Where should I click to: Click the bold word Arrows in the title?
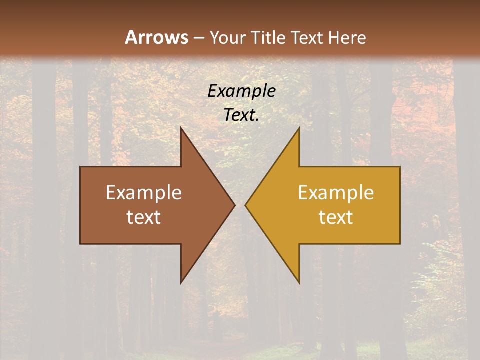coord(156,37)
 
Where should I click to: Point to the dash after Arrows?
coord(199,38)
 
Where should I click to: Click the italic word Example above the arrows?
coord(242,91)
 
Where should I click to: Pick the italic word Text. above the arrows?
coord(242,115)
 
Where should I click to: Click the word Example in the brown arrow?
coord(144,192)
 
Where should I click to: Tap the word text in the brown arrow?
coord(144,217)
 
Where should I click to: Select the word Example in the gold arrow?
coord(336,192)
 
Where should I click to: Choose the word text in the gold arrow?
coord(336,217)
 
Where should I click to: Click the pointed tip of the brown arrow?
coord(234,205)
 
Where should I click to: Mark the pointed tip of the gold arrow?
coord(245,205)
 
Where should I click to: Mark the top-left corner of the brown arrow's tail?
coord(80,167)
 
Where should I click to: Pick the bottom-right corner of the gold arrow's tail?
coord(400,243)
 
